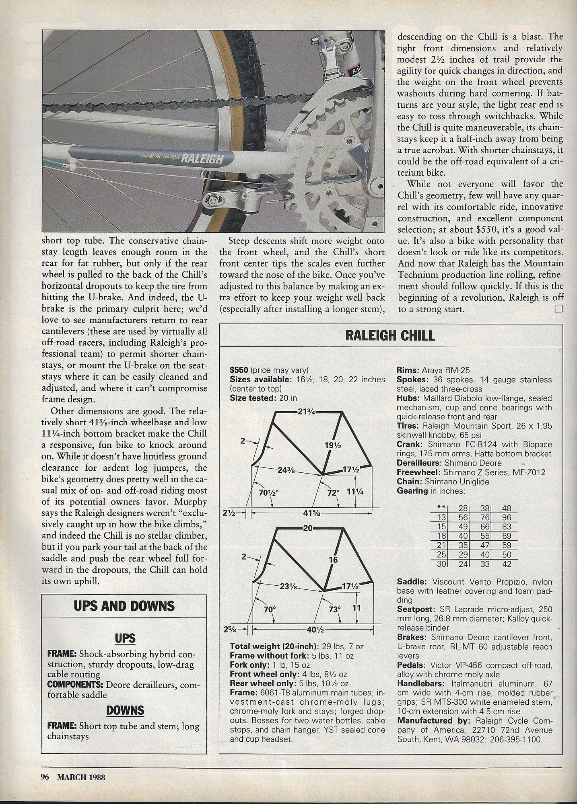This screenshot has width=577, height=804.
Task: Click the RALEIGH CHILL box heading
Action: point(390,335)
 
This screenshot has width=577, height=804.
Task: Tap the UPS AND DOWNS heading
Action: point(124,606)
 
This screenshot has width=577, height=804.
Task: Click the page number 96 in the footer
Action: point(45,777)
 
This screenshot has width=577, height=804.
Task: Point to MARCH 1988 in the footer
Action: point(81,777)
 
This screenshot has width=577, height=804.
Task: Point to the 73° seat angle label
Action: point(334,609)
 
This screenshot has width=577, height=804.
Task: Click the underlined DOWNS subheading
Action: point(125,710)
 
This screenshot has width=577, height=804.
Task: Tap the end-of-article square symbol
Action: point(558,309)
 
